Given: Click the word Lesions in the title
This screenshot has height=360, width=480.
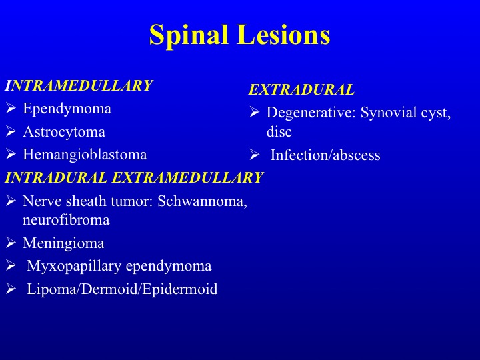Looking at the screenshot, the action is point(284,35).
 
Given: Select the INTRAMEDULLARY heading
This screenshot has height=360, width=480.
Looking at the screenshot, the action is point(79,85).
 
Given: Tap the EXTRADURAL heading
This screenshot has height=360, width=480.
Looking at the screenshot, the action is point(301,90).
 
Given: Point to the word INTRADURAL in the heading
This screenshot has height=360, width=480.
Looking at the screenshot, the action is point(56,177).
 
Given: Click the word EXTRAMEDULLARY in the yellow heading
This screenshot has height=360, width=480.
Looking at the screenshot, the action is point(187,177).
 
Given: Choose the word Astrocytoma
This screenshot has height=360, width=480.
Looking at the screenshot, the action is point(64,132).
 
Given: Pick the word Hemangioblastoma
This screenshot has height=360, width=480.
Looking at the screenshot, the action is point(85,155).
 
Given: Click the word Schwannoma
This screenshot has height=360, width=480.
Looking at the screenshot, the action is point(203,201).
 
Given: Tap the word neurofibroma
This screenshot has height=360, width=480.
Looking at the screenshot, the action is point(66,220).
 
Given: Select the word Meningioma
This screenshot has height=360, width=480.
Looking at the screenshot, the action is point(63,243).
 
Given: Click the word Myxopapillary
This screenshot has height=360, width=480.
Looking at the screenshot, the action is point(74,266).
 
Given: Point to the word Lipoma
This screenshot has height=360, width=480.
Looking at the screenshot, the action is point(53,289).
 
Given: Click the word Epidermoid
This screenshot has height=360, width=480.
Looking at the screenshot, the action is point(180,289).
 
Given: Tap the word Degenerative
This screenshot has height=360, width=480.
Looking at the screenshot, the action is point(311,113).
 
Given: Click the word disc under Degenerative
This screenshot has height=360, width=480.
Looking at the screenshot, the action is point(279,131).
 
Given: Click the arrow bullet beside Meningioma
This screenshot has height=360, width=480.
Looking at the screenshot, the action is point(11,243).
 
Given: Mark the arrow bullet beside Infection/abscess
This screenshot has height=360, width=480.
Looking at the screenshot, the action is point(255,155).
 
